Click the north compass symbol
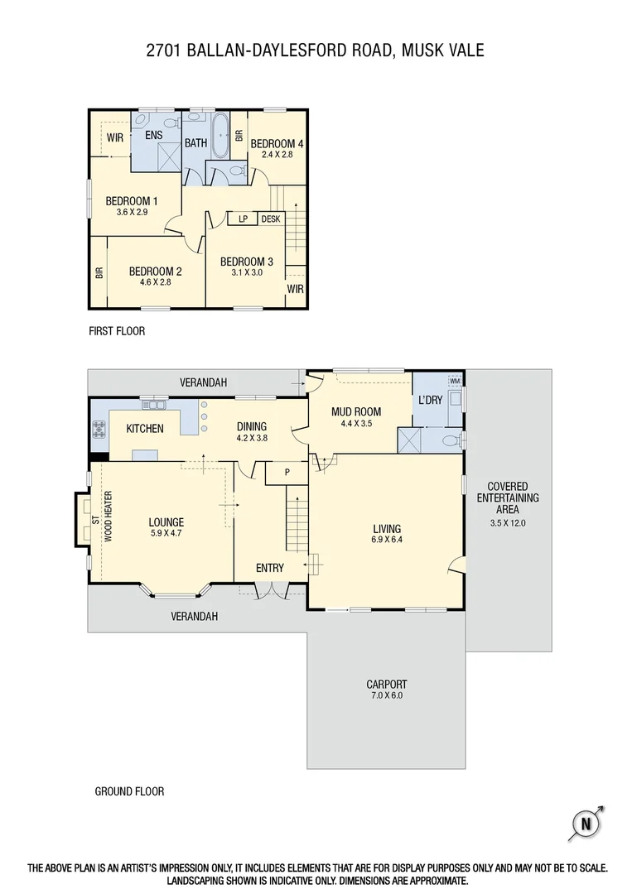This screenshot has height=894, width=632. pos(586,823)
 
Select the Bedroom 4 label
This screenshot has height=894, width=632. pos(277,143)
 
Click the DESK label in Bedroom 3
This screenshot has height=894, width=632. pos(271,219)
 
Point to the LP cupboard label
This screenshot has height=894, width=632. pos(244,219)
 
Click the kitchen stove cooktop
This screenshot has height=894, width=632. pos(99,429)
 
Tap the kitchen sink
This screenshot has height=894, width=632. pos(154,405)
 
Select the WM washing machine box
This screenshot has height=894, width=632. pos(454,381)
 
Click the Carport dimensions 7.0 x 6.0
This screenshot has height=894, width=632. pos(387,695)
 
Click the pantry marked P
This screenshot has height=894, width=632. pos(286,473)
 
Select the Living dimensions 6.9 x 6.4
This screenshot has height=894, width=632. pos(387,540)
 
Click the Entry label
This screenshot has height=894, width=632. pos(270,568)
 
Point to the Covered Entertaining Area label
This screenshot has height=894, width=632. pos(508,497)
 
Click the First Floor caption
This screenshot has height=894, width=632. pos(117,331)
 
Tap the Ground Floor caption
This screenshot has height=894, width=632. pos(129,791)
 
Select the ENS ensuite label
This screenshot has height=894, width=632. pos(154,135)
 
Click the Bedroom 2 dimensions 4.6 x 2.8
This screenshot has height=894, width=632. pos(155,281)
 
